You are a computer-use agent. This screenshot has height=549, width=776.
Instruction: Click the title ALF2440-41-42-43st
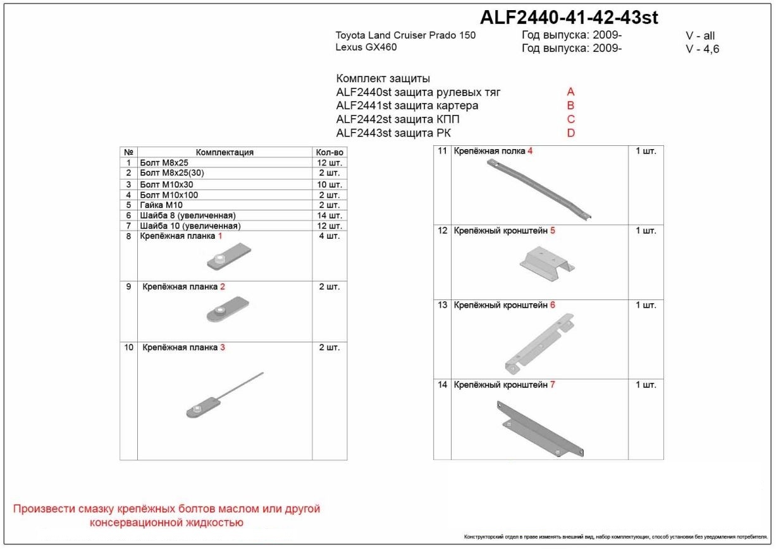[x=570, y=18]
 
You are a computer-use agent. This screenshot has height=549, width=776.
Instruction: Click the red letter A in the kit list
[x=570, y=92]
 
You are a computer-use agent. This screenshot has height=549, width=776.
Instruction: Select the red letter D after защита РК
[x=571, y=133]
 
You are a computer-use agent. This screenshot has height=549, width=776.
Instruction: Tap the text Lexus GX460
[x=366, y=47]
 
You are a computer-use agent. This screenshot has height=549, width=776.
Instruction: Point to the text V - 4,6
[x=702, y=49]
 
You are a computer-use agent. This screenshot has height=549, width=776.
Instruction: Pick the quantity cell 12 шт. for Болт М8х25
[x=329, y=162]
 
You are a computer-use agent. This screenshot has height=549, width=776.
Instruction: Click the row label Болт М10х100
[x=169, y=195]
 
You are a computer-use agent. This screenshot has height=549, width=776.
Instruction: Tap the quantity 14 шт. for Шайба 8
[x=329, y=215]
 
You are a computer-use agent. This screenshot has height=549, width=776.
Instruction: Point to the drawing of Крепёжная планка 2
[x=226, y=311]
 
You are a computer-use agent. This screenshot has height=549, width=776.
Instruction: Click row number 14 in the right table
[x=442, y=385]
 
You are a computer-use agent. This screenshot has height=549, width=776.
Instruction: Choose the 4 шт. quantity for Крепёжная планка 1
[x=329, y=236]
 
